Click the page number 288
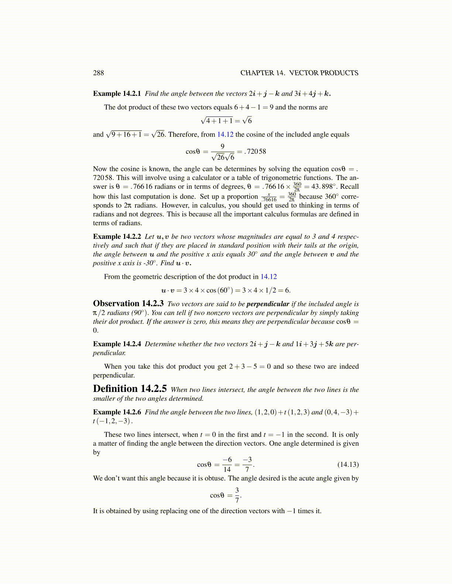99,73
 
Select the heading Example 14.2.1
117,94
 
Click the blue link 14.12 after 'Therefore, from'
225,135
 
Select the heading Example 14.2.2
117,237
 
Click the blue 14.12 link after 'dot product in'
268,277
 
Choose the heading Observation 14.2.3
128,304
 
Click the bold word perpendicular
268,304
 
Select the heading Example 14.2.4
117,344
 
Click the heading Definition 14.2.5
130,389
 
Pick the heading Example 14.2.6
117,412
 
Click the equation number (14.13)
348,465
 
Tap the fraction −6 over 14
227,465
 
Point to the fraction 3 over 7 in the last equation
237,495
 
